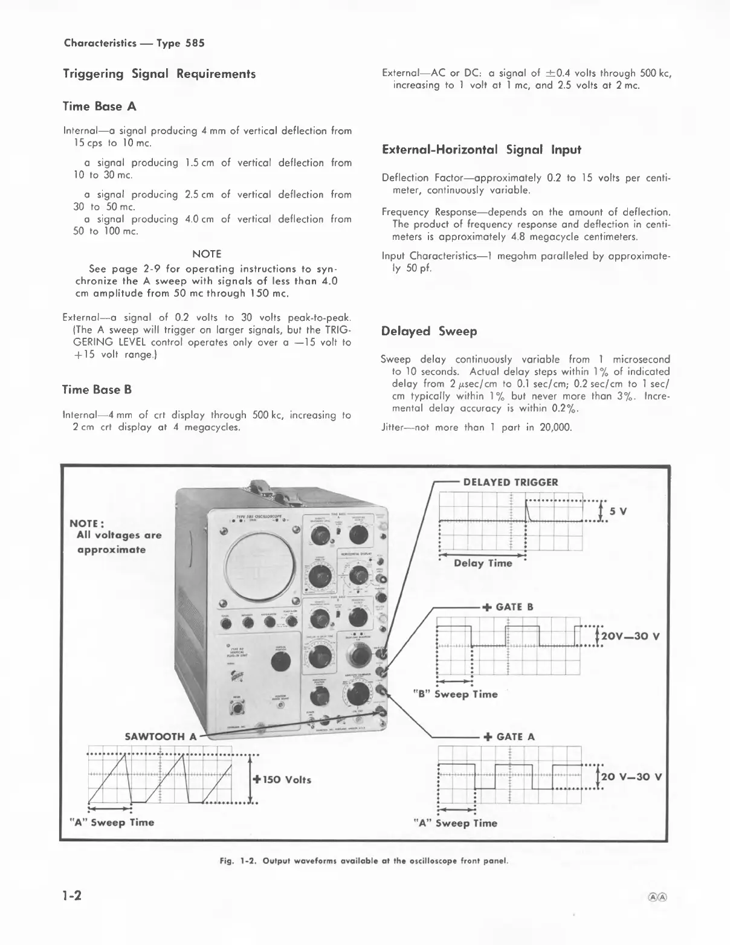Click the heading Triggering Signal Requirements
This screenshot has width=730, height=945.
pyautogui.click(x=160, y=74)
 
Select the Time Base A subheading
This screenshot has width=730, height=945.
pyautogui.click(x=100, y=106)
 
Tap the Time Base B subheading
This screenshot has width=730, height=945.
pyautogui.click(x=97, y=390)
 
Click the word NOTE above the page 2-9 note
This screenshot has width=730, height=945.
pyautogui.click(x=207, y=254)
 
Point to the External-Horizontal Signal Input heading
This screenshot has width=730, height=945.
pyautogui.click(x=482, y=149)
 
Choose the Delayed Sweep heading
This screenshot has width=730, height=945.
pyautogui.click(x=429, y=331)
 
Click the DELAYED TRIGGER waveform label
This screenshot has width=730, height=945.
pyautogui.click(x=510, y=482)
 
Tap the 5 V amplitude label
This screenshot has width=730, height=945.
pyautogui.click(x=618, y=511)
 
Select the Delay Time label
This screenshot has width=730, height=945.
pyautogui.click(x=483, y=563)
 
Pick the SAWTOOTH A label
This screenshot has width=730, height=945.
pyautogui.click(x=161, y=737)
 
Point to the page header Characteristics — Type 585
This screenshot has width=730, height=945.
pyautogui.click(x=134, y=43)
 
